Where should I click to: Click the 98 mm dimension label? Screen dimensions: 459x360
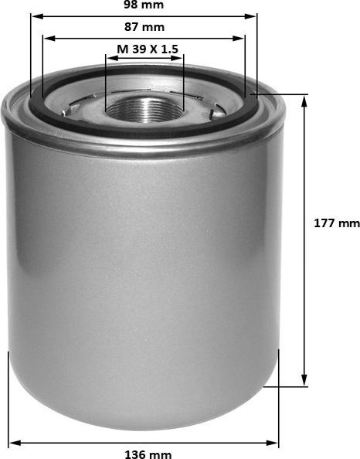[143, 5]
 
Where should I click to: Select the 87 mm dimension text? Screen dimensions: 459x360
[144, 27]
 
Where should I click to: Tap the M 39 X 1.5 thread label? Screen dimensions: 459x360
[148, 49]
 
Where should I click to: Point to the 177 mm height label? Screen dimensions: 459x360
[337, 223]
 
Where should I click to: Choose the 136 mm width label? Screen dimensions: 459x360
[147, 454]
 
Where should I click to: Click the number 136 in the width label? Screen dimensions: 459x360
[137, 454]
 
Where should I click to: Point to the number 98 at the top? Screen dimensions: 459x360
[133, 5]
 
